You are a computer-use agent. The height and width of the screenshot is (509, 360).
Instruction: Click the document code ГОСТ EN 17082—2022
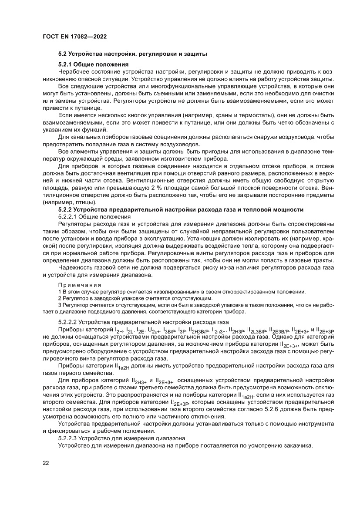coord(75,37)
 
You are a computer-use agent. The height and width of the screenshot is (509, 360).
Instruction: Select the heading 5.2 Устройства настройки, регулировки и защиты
coord(132,54)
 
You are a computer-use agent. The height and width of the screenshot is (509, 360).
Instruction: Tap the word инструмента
coord(310,424)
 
